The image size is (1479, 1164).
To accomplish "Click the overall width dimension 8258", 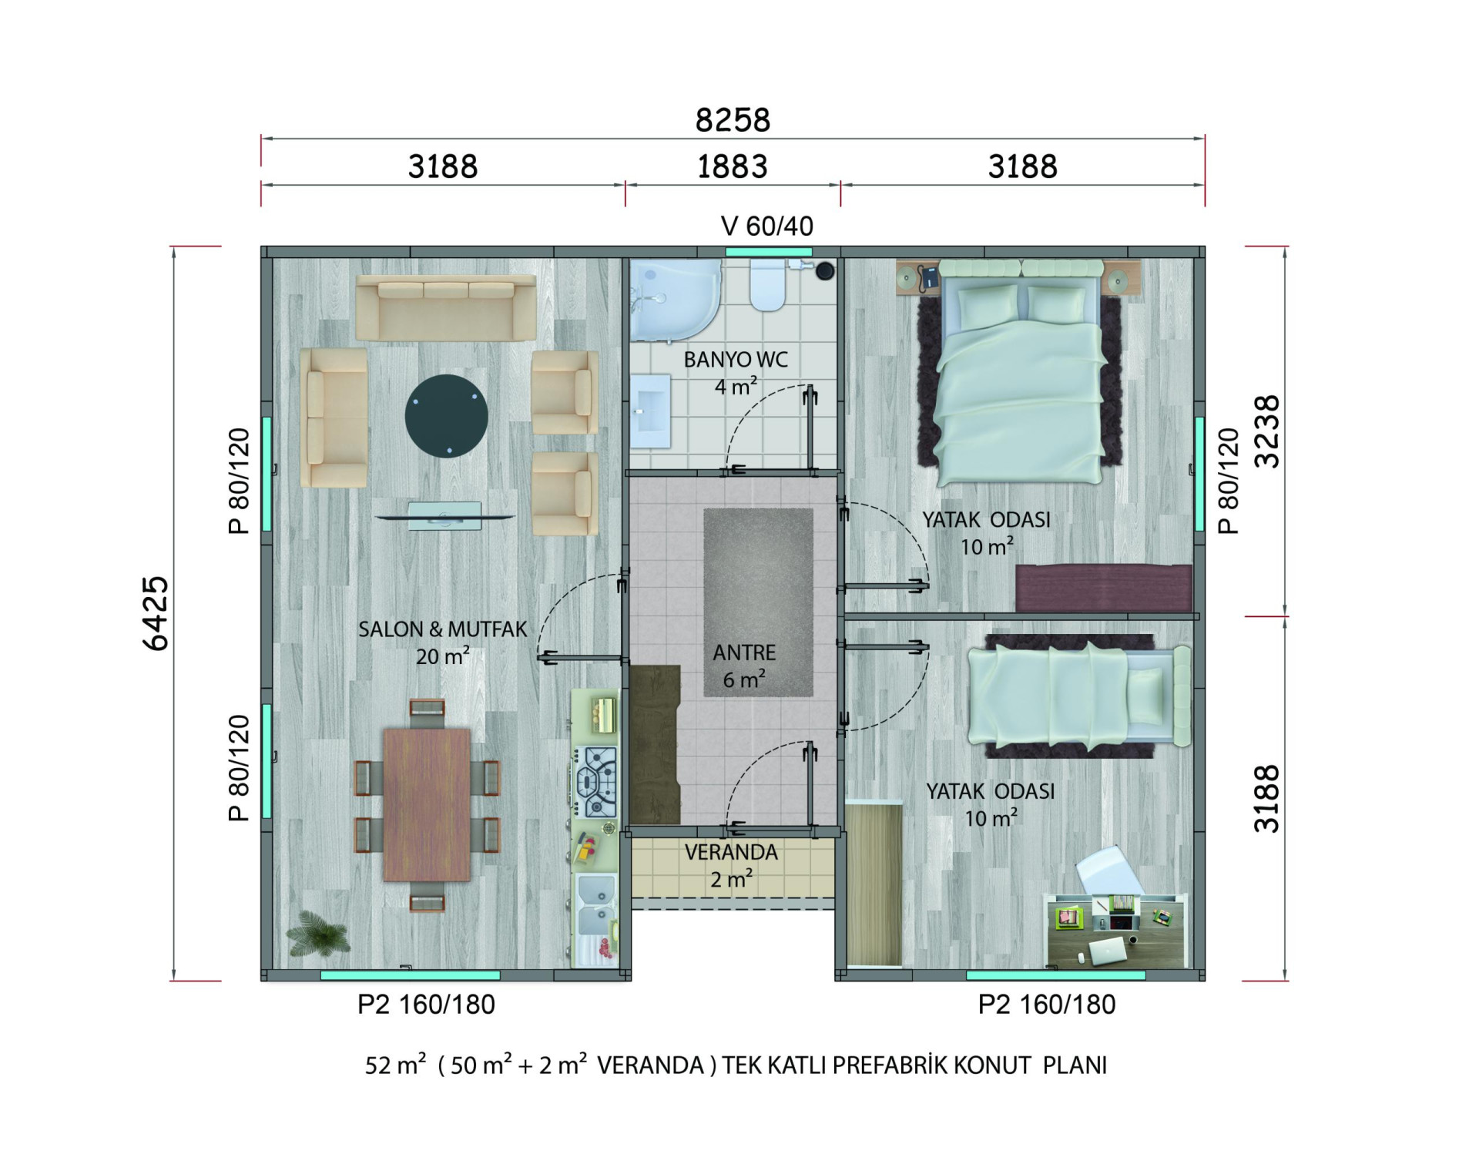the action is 733,120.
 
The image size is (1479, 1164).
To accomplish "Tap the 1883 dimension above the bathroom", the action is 732,166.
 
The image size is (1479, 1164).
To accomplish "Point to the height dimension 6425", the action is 156,613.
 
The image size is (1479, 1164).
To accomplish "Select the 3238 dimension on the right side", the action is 1266,431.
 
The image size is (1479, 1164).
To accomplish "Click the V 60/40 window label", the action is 766,226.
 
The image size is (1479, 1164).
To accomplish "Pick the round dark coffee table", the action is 446,416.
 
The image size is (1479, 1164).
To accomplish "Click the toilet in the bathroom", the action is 767,285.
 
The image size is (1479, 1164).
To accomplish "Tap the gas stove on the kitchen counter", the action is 597,782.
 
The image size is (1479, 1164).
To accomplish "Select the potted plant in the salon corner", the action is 317,934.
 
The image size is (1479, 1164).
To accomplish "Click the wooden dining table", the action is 427,804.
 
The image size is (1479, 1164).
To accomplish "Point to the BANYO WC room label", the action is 736,360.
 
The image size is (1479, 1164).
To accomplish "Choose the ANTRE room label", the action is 744,652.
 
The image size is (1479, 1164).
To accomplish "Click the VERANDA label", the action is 731,852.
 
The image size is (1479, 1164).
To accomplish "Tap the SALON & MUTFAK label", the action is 442,629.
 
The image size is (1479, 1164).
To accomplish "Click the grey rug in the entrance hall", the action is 759,602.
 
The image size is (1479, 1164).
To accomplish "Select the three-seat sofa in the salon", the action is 446,307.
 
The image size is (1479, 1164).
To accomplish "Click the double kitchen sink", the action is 596,906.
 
